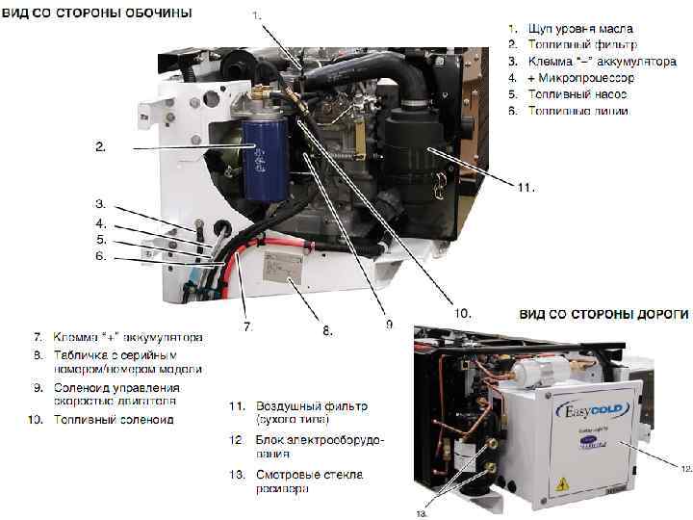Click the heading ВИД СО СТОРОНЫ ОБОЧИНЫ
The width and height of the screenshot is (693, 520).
click(x=95, y=13)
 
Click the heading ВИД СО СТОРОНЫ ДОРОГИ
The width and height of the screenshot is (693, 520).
click(x=603, y=314)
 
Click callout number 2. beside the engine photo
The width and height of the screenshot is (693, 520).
click(x=99, y=147)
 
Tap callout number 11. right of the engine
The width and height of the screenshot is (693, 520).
click(x=526, y=186)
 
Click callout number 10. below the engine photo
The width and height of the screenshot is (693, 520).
click(x=462, y=311)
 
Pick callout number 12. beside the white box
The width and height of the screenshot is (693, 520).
click(x=684, y=469)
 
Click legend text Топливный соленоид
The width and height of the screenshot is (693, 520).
click(x=114, y=420)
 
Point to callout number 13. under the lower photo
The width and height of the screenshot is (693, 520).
click(x=422, y=513)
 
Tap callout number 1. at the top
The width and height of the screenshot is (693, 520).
click(x=255, y=15)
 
